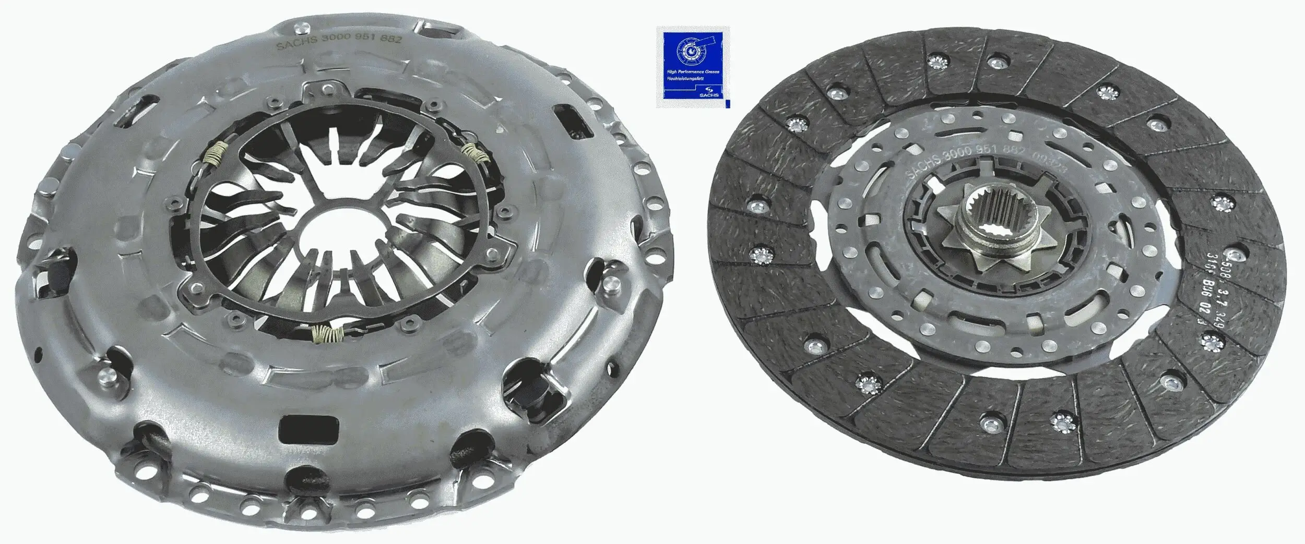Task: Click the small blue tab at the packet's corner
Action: (727, 104)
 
